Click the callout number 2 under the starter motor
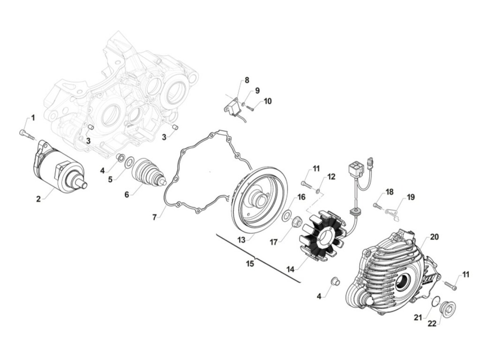(38, 199)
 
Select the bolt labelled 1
(28, 135)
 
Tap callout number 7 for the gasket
(154, 217)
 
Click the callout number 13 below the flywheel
(241, 240)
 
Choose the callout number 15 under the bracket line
(250, 263)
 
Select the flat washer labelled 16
(287, 216)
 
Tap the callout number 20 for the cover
(434, 237)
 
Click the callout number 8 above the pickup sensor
(247, 80)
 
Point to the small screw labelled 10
(250, 108)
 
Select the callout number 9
(257, 91)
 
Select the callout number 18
(389, 192)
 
